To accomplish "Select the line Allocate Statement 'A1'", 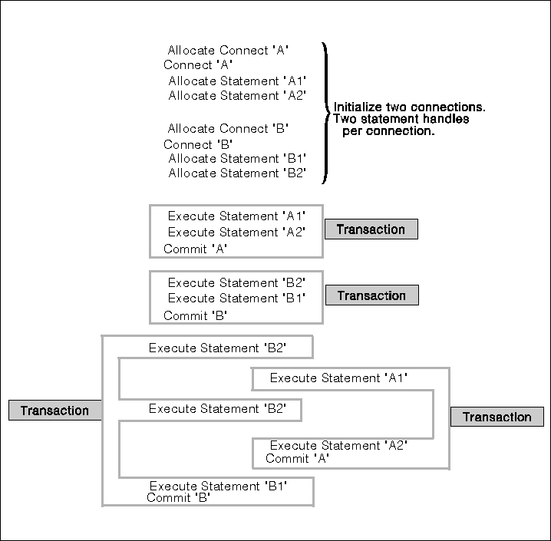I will tap(237, 81).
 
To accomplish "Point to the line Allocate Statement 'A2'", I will tap(237, 95).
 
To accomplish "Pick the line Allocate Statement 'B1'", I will tap(237, 158).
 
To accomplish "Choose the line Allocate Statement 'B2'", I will tap(237, 173).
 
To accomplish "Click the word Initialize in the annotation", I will tap(358, 107).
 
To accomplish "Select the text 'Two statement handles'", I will tap(401, 119).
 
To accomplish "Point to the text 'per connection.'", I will tap(388, 131).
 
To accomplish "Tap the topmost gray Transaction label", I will tap(371, 229).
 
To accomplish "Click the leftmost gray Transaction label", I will tap(54, 411).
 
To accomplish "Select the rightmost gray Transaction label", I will tap(497, 417).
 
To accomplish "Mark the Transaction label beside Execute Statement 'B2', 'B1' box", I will tap(371, 295).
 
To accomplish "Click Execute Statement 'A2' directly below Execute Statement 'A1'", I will tap(236, 232).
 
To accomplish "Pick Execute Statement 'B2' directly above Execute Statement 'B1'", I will tap(236, 282).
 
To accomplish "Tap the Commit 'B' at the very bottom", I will tap(179, 497).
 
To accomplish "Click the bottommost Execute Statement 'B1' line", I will tap(218, 486).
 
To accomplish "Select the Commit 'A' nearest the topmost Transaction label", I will tap(196, 249).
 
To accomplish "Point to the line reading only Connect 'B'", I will tap(198, 144).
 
